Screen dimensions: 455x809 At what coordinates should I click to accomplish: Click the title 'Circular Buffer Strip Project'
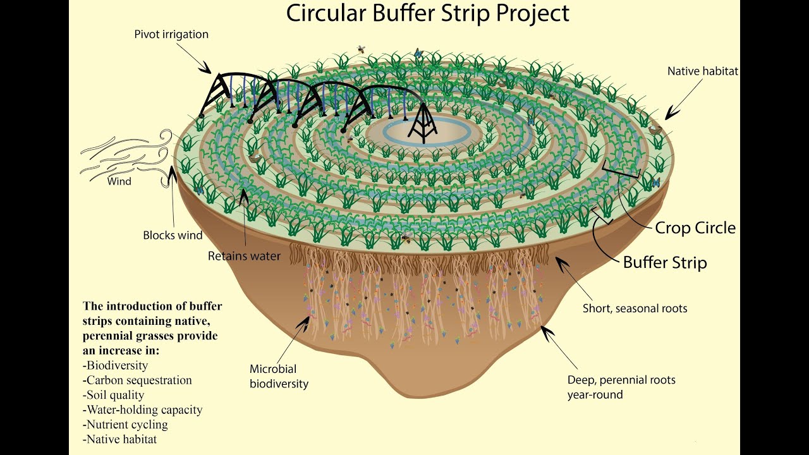[x=428, y=13]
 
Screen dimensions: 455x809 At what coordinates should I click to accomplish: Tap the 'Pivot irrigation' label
[x=171, y=34]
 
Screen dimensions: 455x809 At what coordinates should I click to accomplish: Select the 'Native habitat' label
[x=702, y=71]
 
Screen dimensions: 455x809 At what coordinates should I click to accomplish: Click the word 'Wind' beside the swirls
[x=119, y=181]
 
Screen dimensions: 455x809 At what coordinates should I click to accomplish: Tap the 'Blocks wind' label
[x=173, y=235]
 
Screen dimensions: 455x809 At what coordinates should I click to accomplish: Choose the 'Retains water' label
[x=244, y=256]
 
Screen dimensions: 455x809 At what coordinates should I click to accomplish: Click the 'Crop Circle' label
[x=695, y=227]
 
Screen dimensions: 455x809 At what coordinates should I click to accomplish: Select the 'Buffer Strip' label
[x=665, y=262]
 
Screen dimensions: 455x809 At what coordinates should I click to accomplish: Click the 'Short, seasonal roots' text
[x=635, y=308]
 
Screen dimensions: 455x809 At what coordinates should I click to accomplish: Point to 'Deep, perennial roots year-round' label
[x=621, y=387]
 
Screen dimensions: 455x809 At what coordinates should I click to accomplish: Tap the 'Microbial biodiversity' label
[x=279, y=376]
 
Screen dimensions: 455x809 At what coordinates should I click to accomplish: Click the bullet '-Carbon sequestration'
[x=137, y=380]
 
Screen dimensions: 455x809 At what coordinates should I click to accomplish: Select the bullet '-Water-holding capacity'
[x=142, y=409]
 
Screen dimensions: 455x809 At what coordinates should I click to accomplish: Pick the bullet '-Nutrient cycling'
[x=125, y=424]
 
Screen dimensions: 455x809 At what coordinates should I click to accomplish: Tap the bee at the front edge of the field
[x=406, y=239]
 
